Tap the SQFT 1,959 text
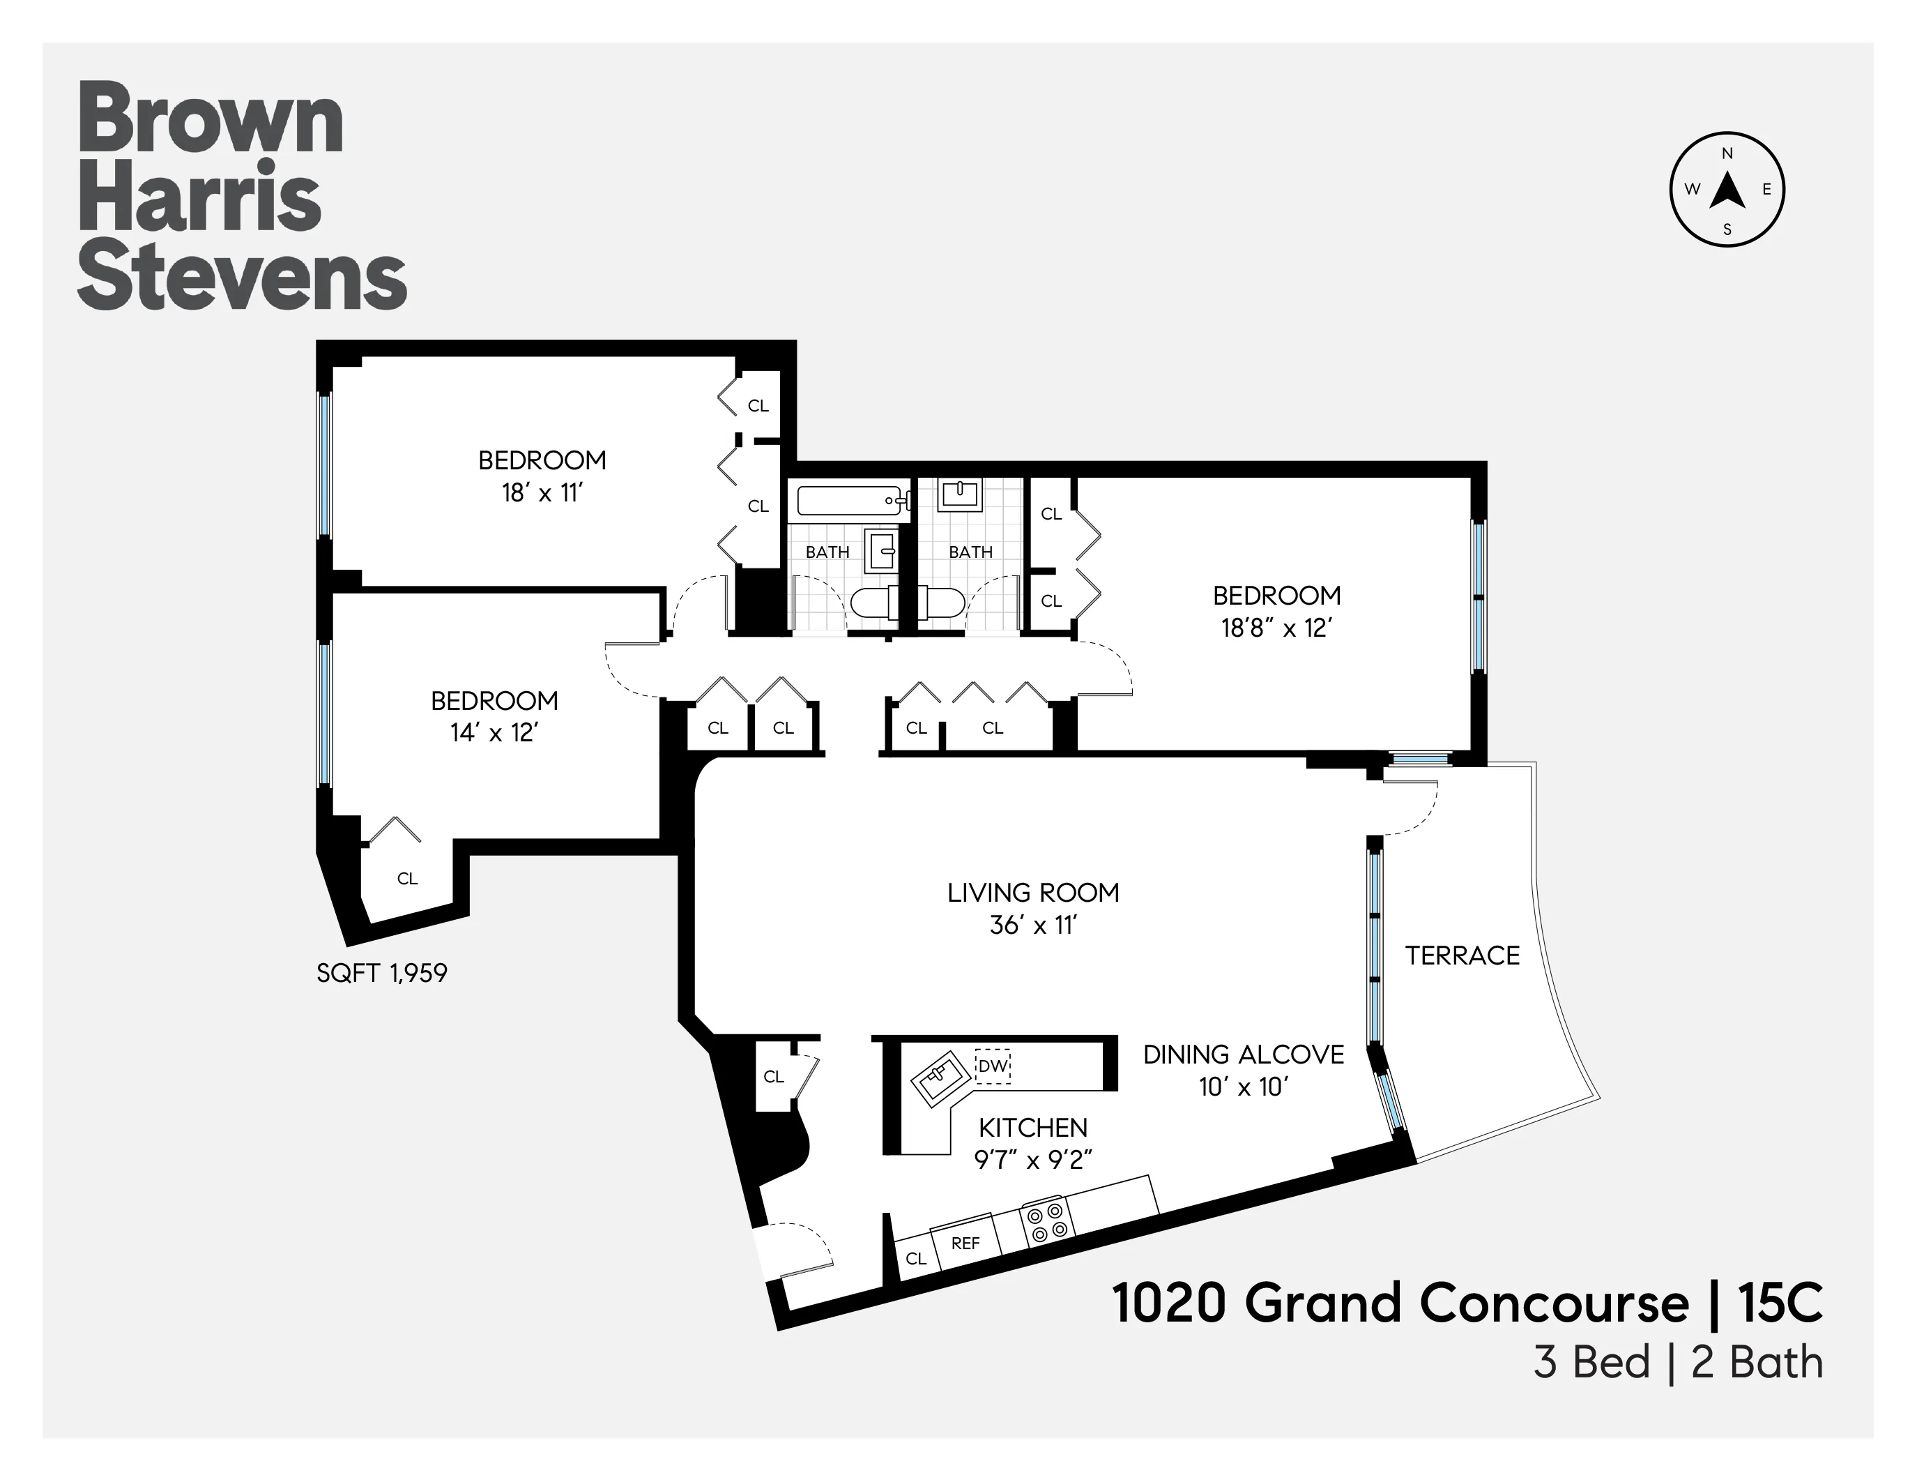coord(382,973)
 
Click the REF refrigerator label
coord(965,1243)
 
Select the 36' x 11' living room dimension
coord(1032,925)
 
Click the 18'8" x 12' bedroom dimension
coord(1276,628)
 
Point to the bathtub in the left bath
coord(850,501)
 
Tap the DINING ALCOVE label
coord(1243,1054)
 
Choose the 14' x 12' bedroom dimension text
coord(494,732)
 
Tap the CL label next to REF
coord(915,1258)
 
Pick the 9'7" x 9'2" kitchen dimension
coord(1032,1160)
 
